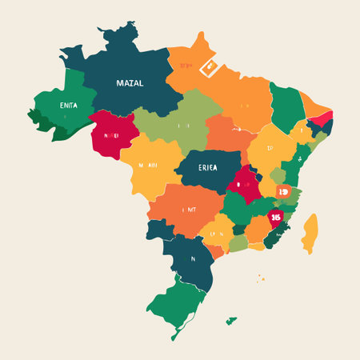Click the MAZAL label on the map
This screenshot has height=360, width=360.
(130, 83)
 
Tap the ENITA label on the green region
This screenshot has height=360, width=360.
(58, 104)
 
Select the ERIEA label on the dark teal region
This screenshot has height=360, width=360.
(207, 166)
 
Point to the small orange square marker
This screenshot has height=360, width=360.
(283, 191)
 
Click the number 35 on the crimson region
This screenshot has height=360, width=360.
(276, 217)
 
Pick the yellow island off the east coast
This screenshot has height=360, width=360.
(310, 233)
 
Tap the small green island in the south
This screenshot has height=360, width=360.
(230, 321)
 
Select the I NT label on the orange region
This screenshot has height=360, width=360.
(189, 210)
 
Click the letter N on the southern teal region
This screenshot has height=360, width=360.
(192, 258)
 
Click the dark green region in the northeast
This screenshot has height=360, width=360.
(286, 106)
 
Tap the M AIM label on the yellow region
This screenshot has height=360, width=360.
(147, 166)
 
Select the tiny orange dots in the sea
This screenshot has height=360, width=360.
(260, 279)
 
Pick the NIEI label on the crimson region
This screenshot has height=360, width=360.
(110, 136)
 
